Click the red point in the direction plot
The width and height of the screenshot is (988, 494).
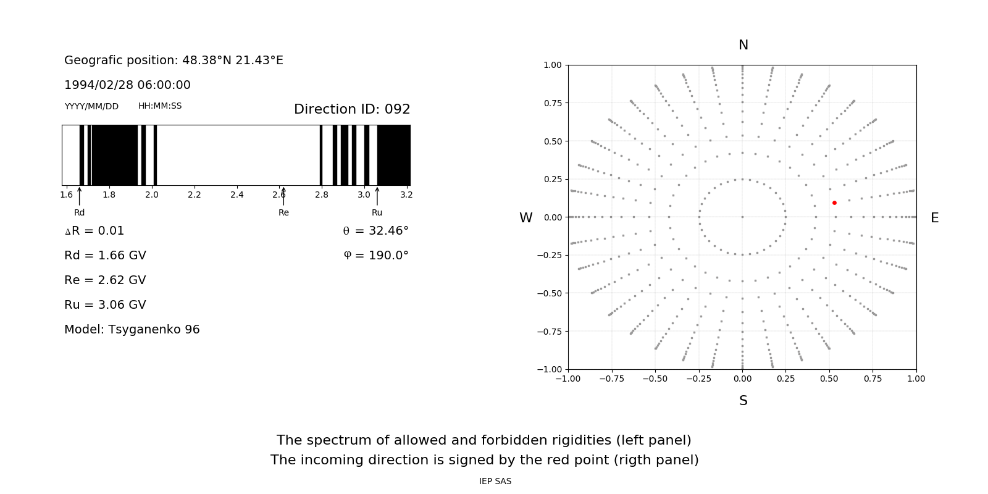pyautogui.click(x=834, y=203)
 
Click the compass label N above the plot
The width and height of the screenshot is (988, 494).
pyautogui.click(x=743, y=45)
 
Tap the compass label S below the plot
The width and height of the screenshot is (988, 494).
pyautogui.click(x=743, y=401)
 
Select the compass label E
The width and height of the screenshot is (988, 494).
pyautogui.click(x=934, y=218)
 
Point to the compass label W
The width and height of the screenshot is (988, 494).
pyautogui.click(x=526, y=218)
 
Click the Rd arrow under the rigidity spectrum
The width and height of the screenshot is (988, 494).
pyautogui.click(x=80, y=196)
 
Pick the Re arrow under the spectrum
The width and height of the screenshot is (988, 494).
pyautogui.click(x=283, y=196)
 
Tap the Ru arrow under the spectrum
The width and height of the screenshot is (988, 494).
pyautogui.click(x=377, y=196)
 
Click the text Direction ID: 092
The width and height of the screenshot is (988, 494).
pyautogui.click(x=352, y=109)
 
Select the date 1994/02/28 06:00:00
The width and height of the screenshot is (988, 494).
pyautogui.click(x=127, y=85)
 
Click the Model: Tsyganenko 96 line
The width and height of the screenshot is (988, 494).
pyautogui.click(x=132, y=330)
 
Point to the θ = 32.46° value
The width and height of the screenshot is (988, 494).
pyautogui.click(x=376, y=231)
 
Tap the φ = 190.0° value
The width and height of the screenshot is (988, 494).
pyautogui.click(x=376, y=256)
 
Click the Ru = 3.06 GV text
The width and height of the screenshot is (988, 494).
pyautogui.click(x=105, y=305)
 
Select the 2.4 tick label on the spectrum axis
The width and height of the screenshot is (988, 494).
pyautogui.click(x=237, y=195)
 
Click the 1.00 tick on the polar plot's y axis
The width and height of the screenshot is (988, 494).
pyautogui.click(x=552, y=65)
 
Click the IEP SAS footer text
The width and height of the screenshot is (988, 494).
pyautogui.click(x=495, y=482)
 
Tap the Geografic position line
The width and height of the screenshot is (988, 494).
pyautogui.click(x=174, y=61)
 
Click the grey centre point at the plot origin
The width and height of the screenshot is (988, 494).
pyautogui.click(x=742, y=217)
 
